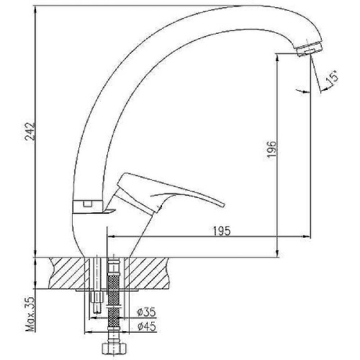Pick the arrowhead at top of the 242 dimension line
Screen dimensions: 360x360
[x=34, y=9]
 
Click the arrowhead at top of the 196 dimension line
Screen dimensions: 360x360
[x=276, y=55]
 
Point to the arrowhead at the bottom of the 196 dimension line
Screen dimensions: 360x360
[x=276, y=253]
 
